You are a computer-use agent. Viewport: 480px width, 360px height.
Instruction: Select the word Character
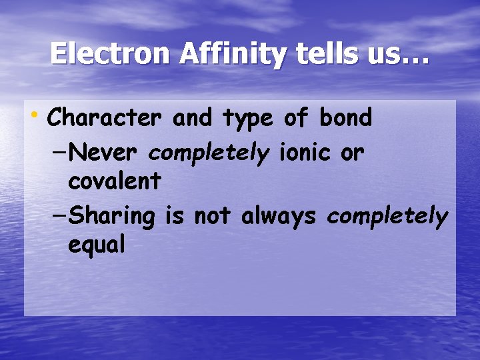coord(105,118)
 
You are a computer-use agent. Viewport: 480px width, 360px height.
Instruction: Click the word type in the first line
coord(247,119)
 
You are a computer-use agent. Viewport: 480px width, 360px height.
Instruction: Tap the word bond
coord(345,118)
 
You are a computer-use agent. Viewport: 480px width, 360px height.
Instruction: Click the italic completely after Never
coord(209,154)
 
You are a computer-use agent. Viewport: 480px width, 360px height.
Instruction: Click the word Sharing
coord(112,216)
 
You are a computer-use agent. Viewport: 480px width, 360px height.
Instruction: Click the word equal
coord(97,245)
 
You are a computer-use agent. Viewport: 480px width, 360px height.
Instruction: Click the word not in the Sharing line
coord(214,216)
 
